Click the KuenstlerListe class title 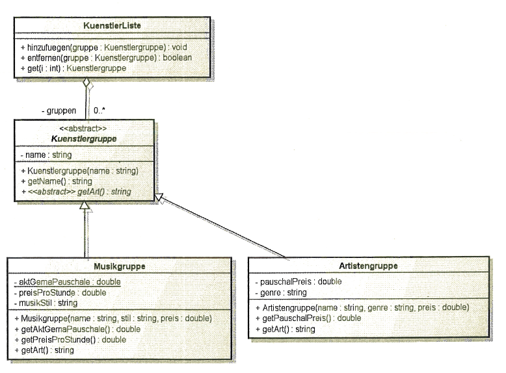(x=112, y=25)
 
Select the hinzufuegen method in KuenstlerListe (x=104, y=47)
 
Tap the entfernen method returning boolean (x=106, y=58)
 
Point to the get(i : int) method (x=73, y=68)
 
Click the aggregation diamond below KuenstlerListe (x=87, y=83)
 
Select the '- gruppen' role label (x=59, y=111)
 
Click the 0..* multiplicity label (x=100, y=110)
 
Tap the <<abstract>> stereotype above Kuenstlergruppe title (x=83, y=128)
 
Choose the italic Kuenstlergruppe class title (x=84, y=139)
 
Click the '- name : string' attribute (x=46, y=155)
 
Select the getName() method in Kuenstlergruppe (x=57, y=181)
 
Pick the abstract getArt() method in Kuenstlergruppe (x=76, y=192)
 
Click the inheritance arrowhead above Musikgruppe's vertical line (x=85, y=205)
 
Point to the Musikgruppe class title (x=120, y=266)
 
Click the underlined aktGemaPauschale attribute (x=67, y=282)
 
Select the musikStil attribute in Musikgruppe (x=46, y=303)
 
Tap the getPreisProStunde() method (x=70, y=340)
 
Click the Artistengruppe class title (x=368, y=266)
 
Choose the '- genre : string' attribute (x=281, y=292)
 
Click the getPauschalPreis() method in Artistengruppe (x=308, y=318)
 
